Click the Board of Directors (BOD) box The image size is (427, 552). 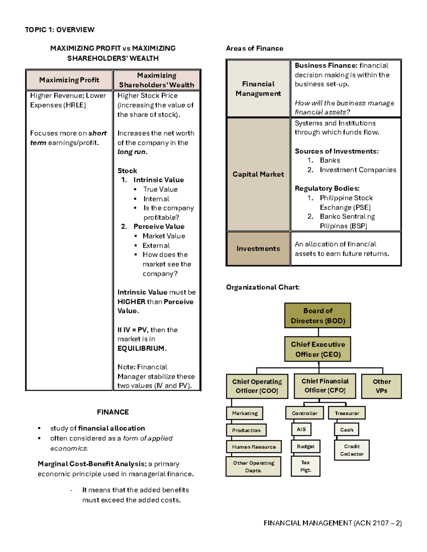tap(318, 315)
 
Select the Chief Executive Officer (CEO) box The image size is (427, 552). tap(318, 349)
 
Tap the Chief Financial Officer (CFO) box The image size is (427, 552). tap(325, 386)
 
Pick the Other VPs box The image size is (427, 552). tap(381, 386)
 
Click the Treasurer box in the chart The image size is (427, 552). tap(347, 413)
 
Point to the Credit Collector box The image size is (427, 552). tap(352, 450)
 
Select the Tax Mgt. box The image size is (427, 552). tap(305, 466)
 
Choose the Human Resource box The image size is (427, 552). tap(254, 447)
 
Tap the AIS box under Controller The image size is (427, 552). tap(301, 429)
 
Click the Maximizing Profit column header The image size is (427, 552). tap(69, 80)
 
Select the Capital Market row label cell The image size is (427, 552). tap(258, 174)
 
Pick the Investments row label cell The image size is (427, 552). tap(258, 248)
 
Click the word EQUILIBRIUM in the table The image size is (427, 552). tap(141, 348)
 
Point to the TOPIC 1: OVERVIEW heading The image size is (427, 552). tap(59, 30)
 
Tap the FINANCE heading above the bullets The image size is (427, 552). tap(113, 412)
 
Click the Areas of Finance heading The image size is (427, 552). tap(255, 48)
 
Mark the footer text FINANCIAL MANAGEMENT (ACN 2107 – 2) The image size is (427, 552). tap(333, 523)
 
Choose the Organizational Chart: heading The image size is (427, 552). tap(263, 287)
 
